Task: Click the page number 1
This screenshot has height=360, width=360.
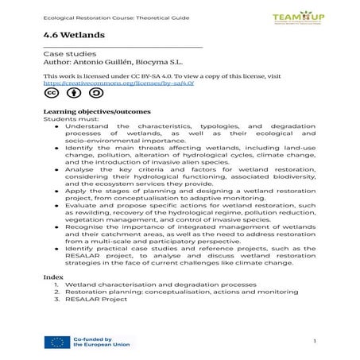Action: click(x=315, y=342)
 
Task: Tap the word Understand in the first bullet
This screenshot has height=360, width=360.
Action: click(x=82, y=126)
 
